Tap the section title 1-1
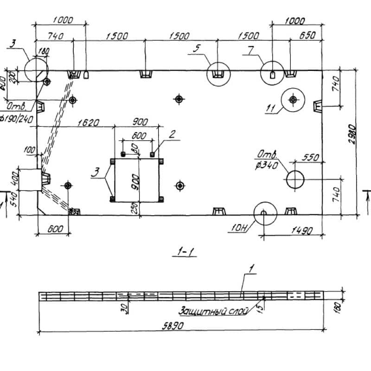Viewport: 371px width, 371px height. [186, 252]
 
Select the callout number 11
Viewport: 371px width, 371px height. [271, 109]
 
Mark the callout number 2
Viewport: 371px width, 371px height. [172, 135]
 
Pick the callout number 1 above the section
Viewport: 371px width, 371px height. [251, 269]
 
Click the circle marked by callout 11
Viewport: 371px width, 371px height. [293, 99]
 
